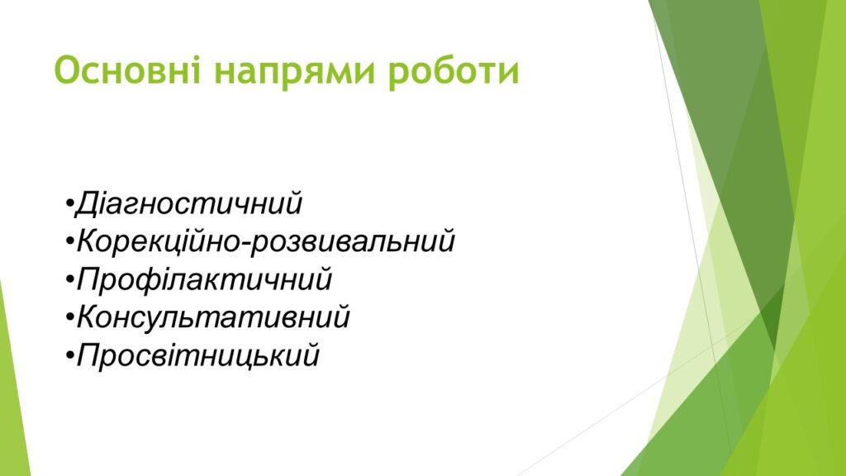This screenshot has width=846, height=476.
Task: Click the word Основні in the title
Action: [127, 71]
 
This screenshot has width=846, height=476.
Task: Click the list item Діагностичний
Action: [188, 204]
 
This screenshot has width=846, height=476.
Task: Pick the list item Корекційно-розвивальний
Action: [266, 242]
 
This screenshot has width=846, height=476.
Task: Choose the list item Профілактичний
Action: [204, 280]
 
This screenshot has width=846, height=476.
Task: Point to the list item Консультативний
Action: [213, 317]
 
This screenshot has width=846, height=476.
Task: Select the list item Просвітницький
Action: [198, 355]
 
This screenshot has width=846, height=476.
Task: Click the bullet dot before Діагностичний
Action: [69, 205]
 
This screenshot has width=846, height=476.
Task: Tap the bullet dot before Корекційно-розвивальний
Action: [69, 243]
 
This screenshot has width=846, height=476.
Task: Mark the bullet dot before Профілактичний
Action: [69, 281]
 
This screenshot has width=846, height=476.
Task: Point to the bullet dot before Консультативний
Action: [69, 318]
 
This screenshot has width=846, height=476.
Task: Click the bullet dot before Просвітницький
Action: [69, 356]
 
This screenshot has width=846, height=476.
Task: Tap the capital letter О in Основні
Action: [68, 71]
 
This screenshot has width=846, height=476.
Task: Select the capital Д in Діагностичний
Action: [88, 205]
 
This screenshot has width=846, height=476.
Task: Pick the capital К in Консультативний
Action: [90, 317]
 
